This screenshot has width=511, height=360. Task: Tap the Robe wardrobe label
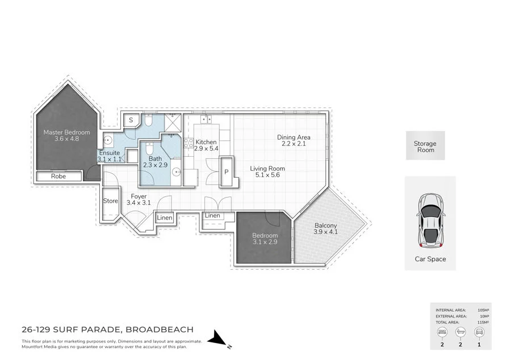coord(58,177)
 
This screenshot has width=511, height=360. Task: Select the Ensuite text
coord(109,153)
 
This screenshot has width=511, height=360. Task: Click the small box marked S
coord(131,120)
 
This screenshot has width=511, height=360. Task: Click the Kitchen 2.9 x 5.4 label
coord(206,145)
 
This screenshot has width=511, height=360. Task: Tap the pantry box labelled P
coord(226,172)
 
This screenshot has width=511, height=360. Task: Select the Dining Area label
coord(294,140)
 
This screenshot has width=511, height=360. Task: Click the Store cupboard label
coord(111,201)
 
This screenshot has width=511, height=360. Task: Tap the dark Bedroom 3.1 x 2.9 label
coord(265,238)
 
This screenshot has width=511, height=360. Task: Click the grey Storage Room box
coord(425,146)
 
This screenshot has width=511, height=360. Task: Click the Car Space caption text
coord(430,259)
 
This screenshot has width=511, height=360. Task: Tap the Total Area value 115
coord(483,322)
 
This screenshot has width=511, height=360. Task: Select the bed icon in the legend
coord(440,333)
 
